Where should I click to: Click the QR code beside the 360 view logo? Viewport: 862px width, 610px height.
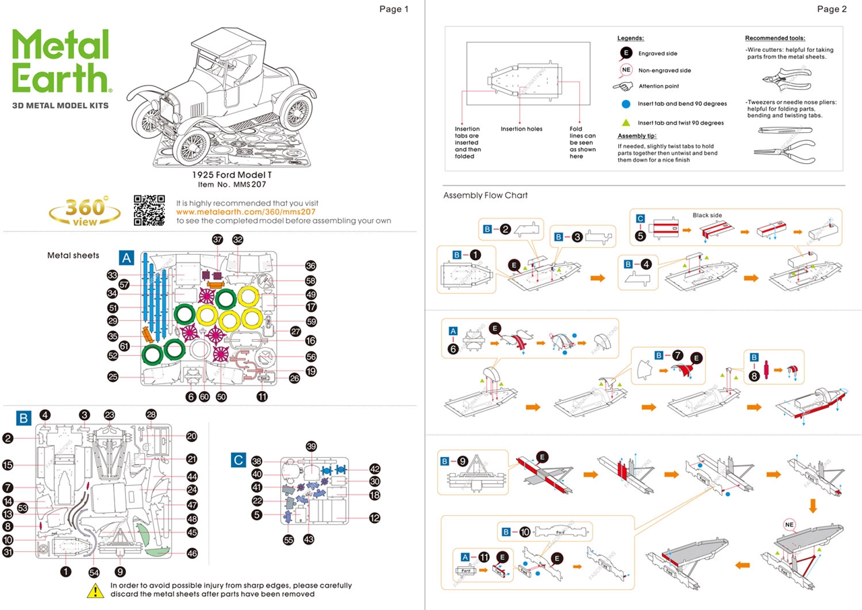(x=149, y=210)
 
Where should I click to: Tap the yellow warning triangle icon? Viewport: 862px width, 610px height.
(x=95, y=590)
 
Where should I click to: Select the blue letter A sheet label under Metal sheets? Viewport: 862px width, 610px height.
(x=127, y=257)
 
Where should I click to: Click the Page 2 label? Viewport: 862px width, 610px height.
(x=832, y=9)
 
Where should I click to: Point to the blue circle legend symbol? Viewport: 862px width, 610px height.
(x=626, y=104)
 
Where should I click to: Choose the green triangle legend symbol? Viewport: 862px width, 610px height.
(x=626, y=123)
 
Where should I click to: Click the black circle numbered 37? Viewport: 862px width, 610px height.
(x=217, y=240)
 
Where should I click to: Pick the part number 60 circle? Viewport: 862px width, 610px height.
(x=204, y=397)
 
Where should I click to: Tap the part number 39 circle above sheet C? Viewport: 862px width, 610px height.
(x=310, y=446)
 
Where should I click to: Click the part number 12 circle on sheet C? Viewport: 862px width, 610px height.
(x=374, y=518)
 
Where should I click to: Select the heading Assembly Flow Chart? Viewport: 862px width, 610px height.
(x=486, y=195)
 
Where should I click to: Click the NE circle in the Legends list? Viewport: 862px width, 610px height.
(x=626, y=70)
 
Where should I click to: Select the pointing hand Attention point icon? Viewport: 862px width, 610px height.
(x=623, y=86)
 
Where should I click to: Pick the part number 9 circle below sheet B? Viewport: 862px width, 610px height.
(x=120, y=572)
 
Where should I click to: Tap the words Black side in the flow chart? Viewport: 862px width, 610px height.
(x=707, y=215)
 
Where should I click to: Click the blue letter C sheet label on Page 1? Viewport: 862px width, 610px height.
(x=238, y=460)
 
